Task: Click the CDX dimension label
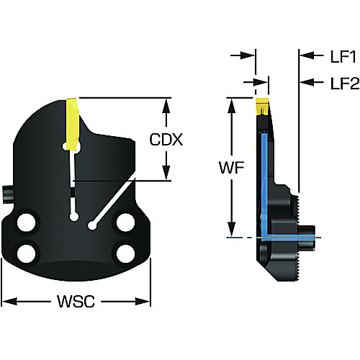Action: [166, 140]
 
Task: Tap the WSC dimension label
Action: [76, 301]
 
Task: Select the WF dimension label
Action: [231, 167]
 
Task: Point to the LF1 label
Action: [343, 57]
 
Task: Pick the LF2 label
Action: [345, 84]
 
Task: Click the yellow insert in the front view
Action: [73, 125]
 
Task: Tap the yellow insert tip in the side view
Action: [262, 106]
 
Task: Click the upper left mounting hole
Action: [27, 222]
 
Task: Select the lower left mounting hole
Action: [27, 253]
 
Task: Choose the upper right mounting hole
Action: [125, 222]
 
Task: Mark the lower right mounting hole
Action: [125, 253]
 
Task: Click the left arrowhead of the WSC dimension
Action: [9, 301]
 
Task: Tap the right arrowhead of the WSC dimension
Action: [143, 301]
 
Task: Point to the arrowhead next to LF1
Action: [307, 55]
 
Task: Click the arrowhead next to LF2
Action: [307, 82]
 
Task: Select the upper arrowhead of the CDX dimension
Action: [166, 106]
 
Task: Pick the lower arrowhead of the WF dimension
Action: [231, 229]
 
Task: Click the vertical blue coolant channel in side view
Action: [264, 185]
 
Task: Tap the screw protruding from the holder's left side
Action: [7, 194]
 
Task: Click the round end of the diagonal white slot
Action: [91, 225]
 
